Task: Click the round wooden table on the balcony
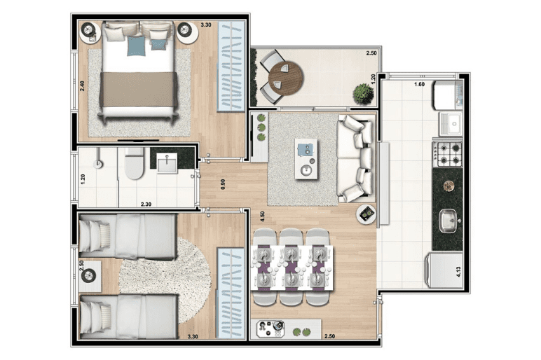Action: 286,78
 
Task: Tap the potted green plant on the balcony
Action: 363,93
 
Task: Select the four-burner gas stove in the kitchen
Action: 448,154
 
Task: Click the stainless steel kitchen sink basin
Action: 450,221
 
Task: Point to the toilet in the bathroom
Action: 135,163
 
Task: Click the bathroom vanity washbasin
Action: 167,163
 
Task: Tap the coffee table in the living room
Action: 306,158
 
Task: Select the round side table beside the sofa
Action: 366,214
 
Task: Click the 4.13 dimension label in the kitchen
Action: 458,271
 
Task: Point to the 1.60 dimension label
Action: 419,84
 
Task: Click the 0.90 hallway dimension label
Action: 223,184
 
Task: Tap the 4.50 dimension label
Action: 263,216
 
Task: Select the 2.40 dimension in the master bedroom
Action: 82,86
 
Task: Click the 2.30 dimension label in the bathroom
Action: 146,204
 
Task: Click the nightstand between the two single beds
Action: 90,276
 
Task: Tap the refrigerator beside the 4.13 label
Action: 444,270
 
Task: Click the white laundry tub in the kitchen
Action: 451,123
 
